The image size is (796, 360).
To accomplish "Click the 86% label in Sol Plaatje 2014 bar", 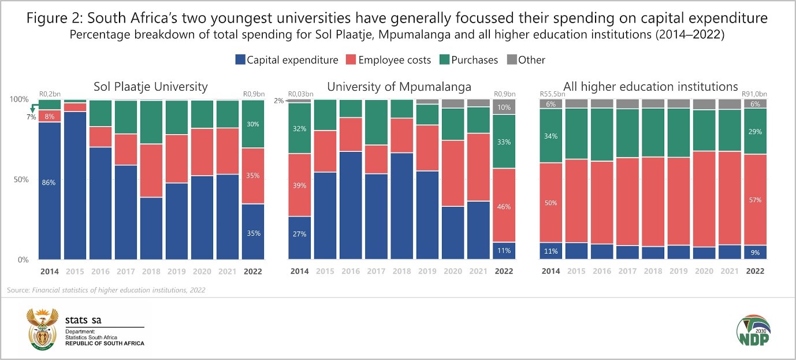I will pyautogui.click(x=48, y=183).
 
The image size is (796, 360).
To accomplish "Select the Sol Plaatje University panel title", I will pyautogui.click(x=150, y=87).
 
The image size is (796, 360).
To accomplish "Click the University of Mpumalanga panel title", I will pyautogui.click(x=399, y=87).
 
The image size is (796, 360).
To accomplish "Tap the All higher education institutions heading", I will pyautogui.click(x=651, y=87).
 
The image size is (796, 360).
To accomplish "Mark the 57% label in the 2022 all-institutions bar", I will pyautogui.click(x=755, y=200).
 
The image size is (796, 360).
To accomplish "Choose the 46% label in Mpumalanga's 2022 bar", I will pyautogui.click(x=504, y=206).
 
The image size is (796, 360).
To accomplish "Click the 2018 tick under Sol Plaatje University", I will pyautogui.click(x=151, y=271).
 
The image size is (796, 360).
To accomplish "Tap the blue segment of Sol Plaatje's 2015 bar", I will pyautogui.click(x=75, y=185).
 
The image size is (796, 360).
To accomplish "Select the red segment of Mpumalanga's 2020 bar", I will pyautogui.click(x=452, y=173).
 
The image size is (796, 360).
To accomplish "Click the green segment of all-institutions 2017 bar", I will pyautogui.click(x=627, y=133).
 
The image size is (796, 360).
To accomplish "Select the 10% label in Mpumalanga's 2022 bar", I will pyautogui.click(x=504, y=107).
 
